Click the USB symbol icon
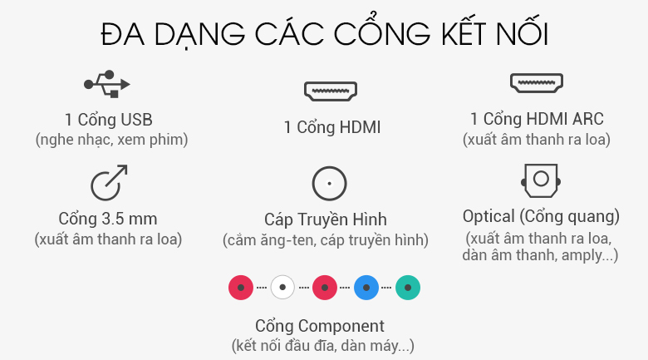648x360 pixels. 108,84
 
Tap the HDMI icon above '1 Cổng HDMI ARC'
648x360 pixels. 537,83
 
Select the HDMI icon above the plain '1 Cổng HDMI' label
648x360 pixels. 331,91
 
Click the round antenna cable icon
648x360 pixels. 329,183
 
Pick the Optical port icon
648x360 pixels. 540,179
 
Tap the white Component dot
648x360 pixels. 282,288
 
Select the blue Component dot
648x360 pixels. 366,288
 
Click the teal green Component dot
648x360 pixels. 408,288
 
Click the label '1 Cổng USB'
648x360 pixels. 108,119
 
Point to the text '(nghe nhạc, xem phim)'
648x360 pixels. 111,139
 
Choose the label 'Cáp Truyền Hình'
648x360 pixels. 326,219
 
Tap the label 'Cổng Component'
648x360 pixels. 320,326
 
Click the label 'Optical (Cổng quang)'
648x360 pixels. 541,216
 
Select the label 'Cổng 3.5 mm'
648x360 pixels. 108,219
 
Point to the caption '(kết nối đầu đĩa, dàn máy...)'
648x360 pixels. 322,345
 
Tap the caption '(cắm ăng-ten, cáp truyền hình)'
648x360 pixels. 326,240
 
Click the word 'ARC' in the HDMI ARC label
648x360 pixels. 587,119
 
